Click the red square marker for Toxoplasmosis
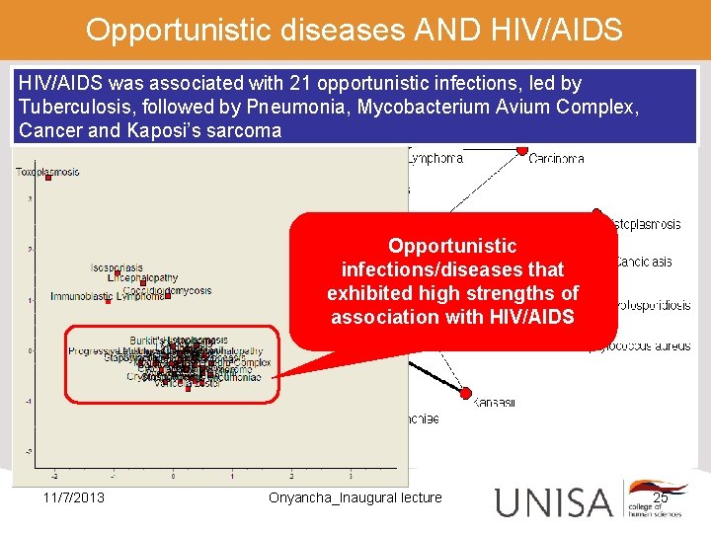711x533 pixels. coord(47,179)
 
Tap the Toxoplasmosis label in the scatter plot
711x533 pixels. coord(47,171)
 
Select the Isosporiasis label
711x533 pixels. coord(117,267)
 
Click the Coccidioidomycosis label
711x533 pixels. coord(167,290)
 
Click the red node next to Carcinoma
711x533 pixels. coord(521,148)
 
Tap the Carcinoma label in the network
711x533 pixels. coord(556,159)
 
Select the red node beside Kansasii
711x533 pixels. coord(465,393)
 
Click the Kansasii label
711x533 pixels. coord(494,404)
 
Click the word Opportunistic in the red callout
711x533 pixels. coord(451,246)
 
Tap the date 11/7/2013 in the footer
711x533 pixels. coord(75,497)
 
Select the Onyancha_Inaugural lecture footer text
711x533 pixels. coord(355,497)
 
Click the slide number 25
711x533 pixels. coord(661,497)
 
